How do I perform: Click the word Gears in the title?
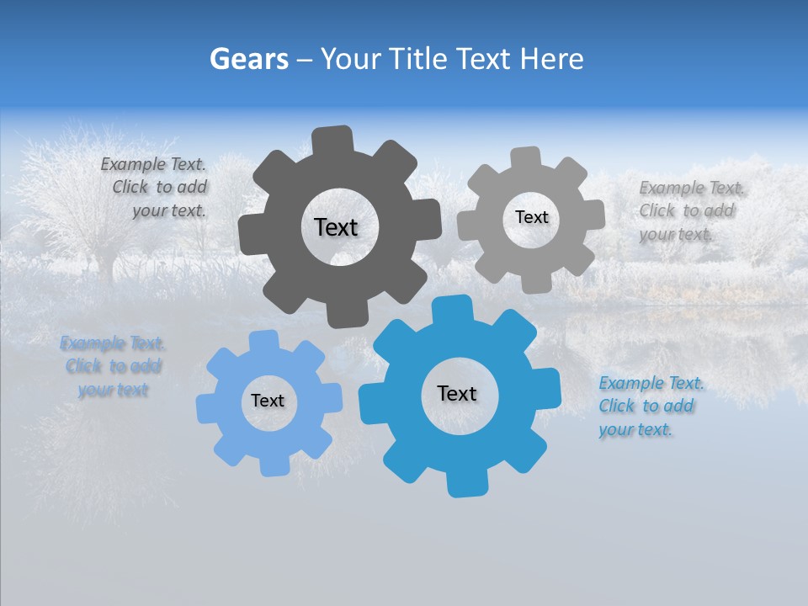pos(248,59)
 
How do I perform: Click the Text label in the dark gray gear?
pos(336,227)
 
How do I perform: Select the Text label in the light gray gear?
pos(531,217)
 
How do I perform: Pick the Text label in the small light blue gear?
pos(268,401)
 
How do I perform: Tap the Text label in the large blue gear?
pos(457,393)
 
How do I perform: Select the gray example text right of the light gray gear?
pos(688,210)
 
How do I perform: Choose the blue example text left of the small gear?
pos(113,366)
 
